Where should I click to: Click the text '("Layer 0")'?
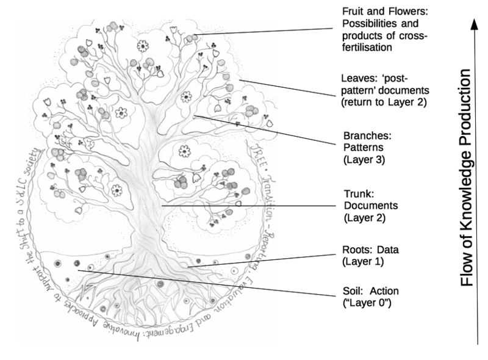[x=367, y=303]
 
